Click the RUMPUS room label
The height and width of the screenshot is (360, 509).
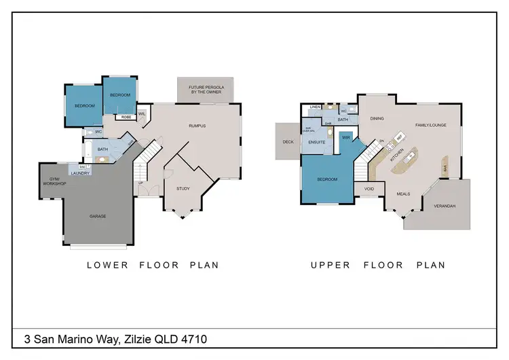[197, 126]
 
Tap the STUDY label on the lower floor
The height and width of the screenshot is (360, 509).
[183, 189]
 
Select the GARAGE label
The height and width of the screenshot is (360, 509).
[98, 216]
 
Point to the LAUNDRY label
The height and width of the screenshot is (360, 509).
[81, 173]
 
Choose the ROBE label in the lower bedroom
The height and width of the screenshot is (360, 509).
[126, 117]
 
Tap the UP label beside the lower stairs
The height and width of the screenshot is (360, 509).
[140, 183]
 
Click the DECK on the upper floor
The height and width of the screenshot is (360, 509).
[287, 141]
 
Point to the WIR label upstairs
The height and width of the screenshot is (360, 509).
[345, 137]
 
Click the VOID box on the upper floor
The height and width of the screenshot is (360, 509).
[369, 189]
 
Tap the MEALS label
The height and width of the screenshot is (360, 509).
[403, 194]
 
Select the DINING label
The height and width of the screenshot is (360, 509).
[377, 119]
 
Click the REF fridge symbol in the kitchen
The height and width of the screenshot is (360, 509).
[400, 137]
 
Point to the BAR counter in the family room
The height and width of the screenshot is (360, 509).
[445, 168]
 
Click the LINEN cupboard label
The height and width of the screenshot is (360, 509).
[315, 107]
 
